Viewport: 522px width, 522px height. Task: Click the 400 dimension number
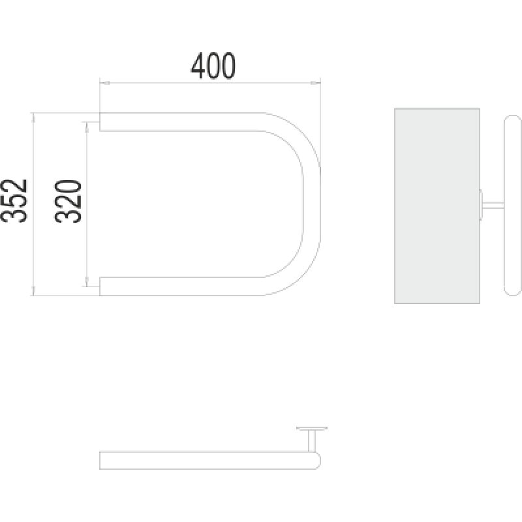coord(213,66)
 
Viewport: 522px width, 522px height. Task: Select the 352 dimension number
coord(14,201)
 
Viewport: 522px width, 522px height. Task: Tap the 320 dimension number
coord(68,201)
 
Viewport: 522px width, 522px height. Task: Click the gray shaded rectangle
coord(437,206)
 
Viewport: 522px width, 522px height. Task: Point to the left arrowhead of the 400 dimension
coord(104,83)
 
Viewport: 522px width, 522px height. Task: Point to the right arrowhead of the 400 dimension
coord(315,83)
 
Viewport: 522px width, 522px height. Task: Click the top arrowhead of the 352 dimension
coord(33,117)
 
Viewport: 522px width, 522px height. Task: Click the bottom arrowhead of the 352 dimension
coord(33,290)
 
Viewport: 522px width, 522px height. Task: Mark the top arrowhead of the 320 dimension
coord(87,127)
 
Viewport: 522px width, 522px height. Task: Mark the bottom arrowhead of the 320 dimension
coord(87,282)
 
